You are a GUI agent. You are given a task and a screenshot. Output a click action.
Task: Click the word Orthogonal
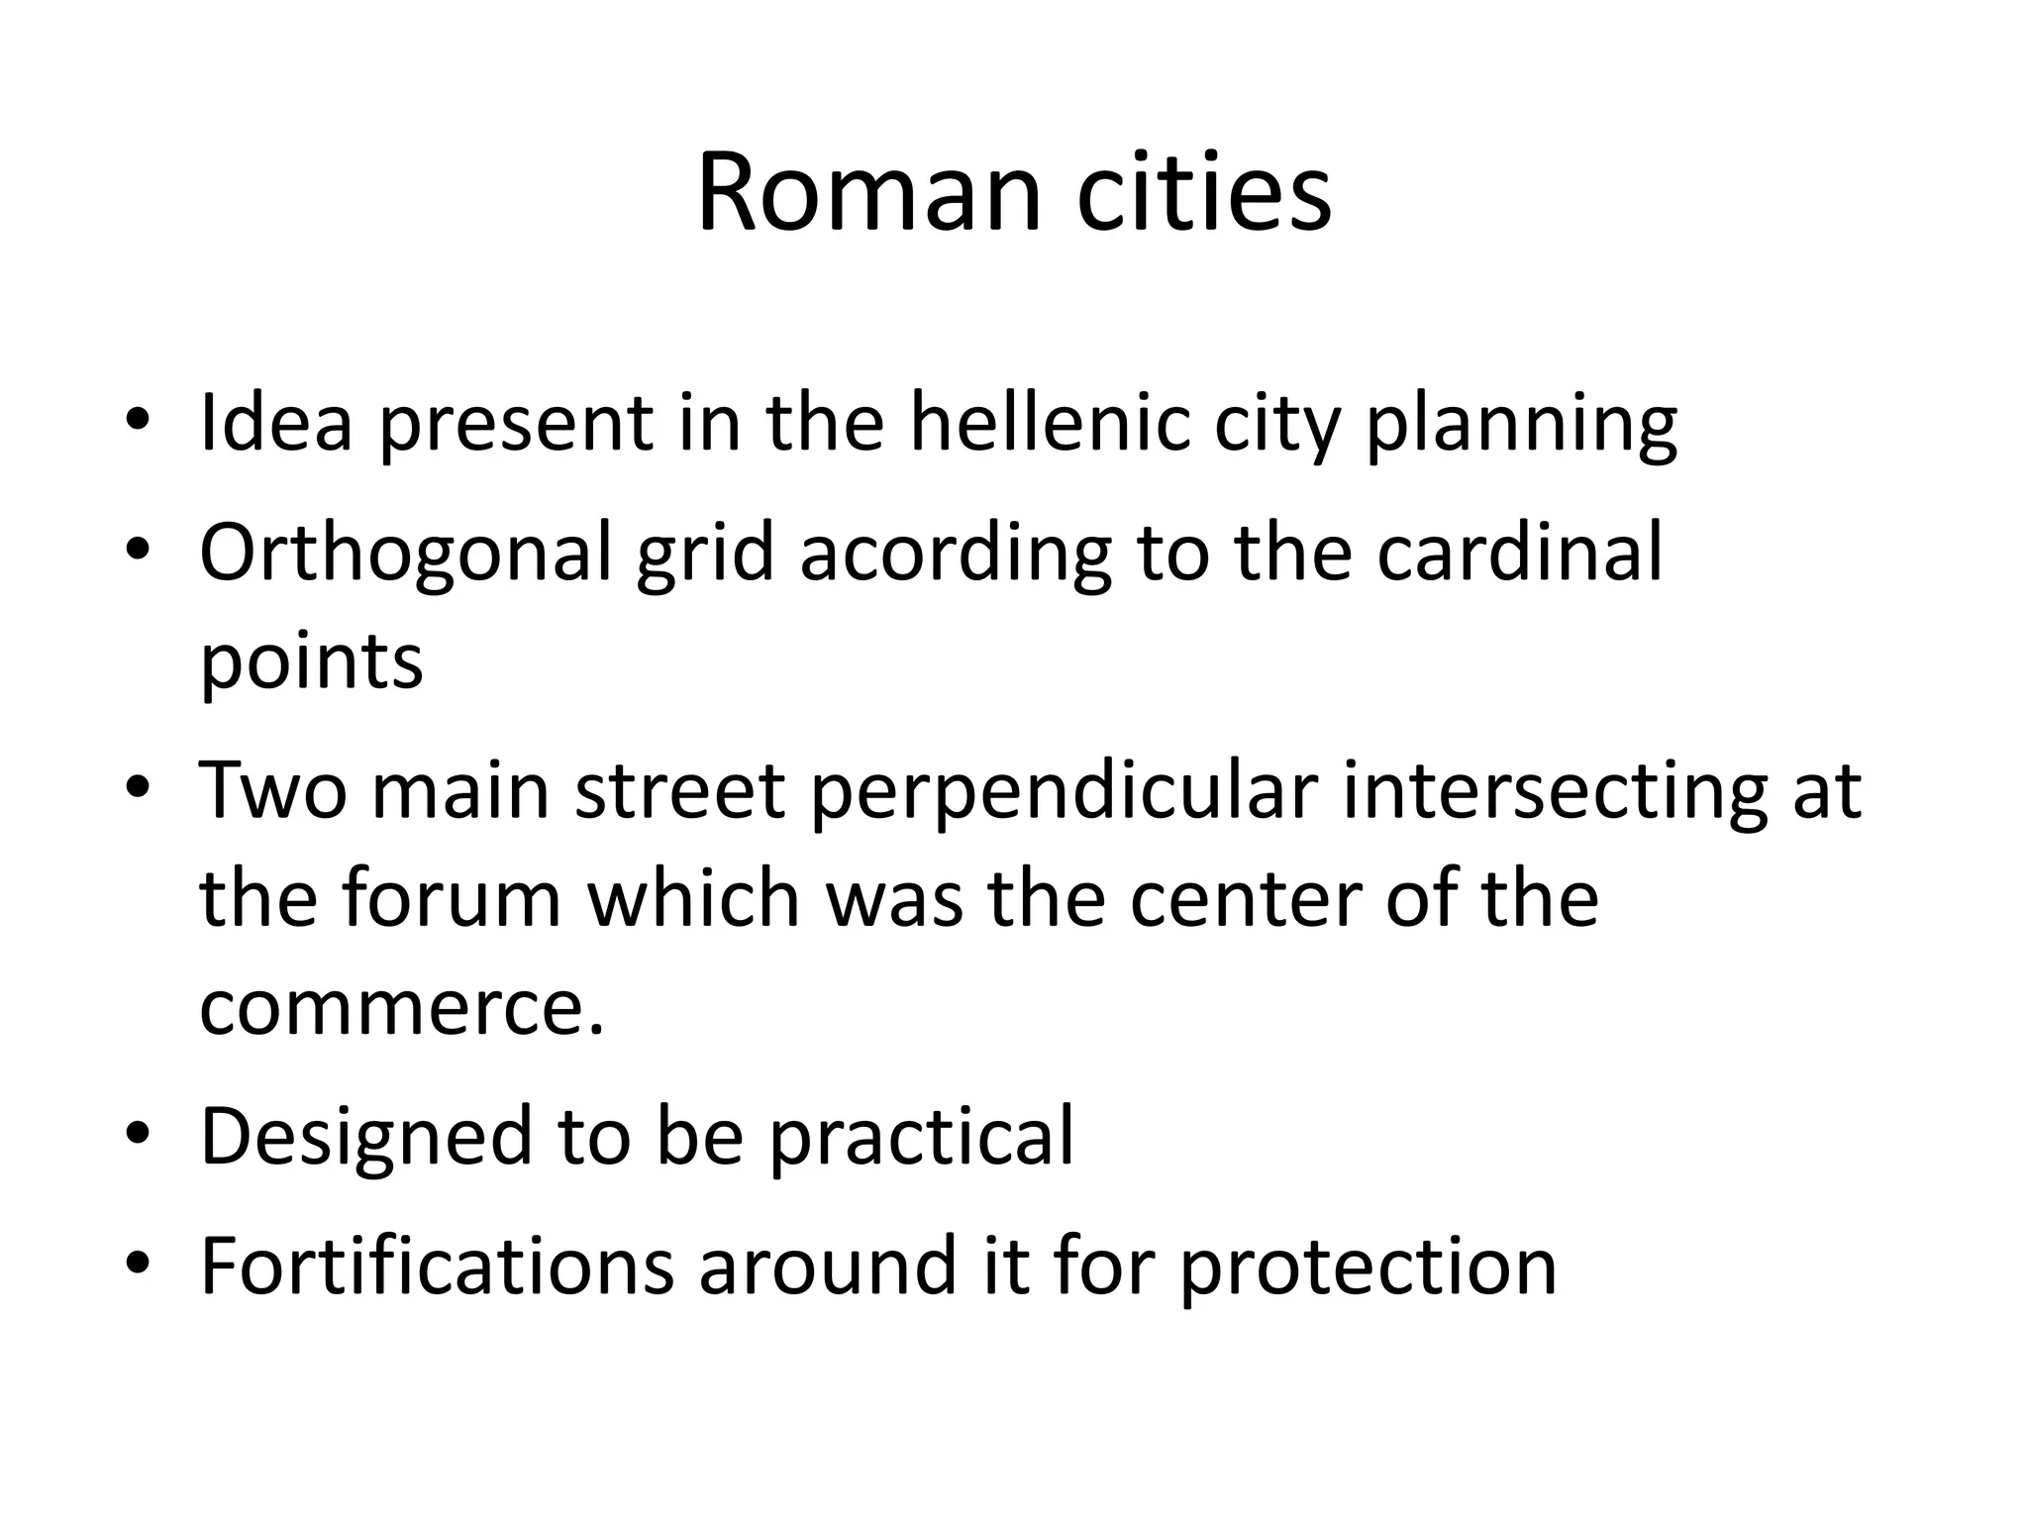(x=406, y=555)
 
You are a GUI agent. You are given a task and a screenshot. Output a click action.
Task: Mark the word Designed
(x=366, y=1138)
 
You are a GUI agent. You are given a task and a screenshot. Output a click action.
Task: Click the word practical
(x=921, y=1138)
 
